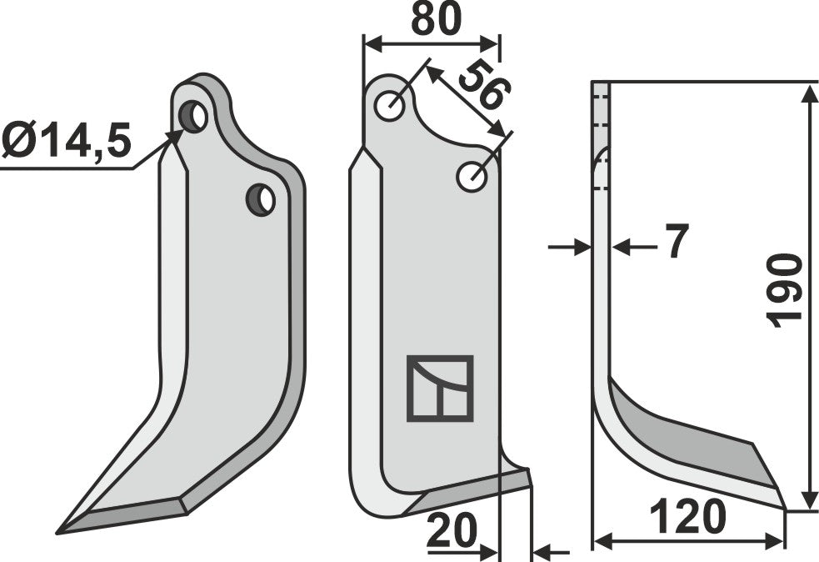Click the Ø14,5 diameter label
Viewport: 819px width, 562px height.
pos(67,141)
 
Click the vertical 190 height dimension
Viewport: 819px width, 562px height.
pos(784,291)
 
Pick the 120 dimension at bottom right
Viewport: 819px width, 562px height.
pos(687,519)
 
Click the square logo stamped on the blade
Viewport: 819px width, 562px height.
pos(440,388)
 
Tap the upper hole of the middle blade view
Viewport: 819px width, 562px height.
pos(390,107)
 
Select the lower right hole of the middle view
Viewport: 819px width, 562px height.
pos(472,176)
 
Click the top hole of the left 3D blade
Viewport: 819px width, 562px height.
pos(194,117)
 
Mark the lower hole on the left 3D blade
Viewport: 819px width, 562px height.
pos(261,200)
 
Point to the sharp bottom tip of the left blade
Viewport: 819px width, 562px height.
pos(60,531)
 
